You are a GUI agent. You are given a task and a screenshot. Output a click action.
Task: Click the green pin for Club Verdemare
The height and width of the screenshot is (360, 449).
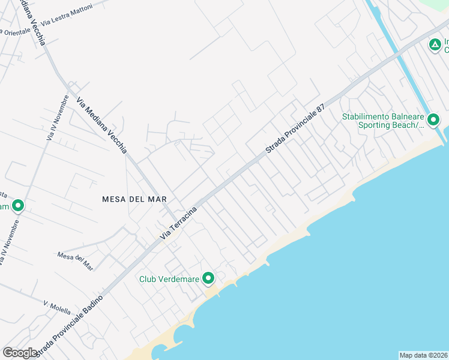pyautogui.click(x=208, y=278)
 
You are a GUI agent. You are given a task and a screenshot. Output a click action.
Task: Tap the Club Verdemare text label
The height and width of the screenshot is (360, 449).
pyautogui.click(x=169, y=278)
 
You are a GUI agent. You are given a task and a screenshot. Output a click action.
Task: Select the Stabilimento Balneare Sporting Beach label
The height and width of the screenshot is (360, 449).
pyautogui.click(x=383, y=121)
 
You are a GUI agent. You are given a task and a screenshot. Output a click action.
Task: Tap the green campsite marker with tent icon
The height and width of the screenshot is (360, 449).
pyautogui.click(x=434, y=44)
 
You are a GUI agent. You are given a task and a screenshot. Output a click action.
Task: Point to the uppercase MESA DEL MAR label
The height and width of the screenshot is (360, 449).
pyautogui.click(x=134, y=199)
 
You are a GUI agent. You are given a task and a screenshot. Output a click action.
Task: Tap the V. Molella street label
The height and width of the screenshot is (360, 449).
pyautogui.click(x=56, y=307)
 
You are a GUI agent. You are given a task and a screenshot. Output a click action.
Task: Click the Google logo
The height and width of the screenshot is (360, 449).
pyautogui.click(x=20, y=353)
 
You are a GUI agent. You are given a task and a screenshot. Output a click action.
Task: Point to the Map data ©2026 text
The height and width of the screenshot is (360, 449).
pyautogui.click(x=424, y=355)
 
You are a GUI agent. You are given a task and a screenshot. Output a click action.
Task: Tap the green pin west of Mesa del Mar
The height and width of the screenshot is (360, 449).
pyautogui.click(x=18, y=206)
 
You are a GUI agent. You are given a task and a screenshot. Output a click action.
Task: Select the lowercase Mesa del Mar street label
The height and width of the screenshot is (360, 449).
pyautogui.click(x=76, y=260)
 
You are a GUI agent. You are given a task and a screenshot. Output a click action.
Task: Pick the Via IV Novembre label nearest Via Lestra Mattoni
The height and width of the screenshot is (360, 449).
pyautogui.click(x=58, y=118)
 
